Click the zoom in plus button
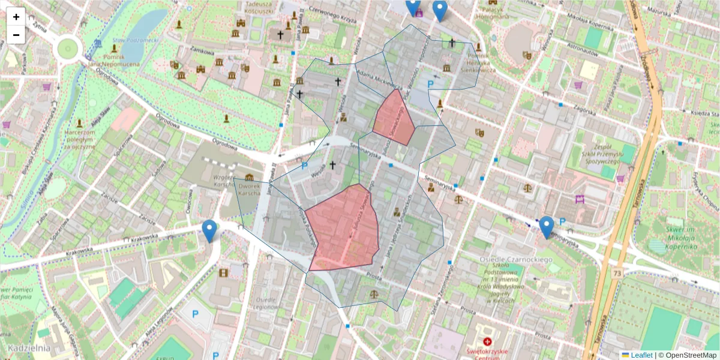pyautogui.click(x=16, y=17)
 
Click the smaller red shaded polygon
pyautogui.click(x=394, y=118)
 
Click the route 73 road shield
pyautogui.click(x=617, y=274)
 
